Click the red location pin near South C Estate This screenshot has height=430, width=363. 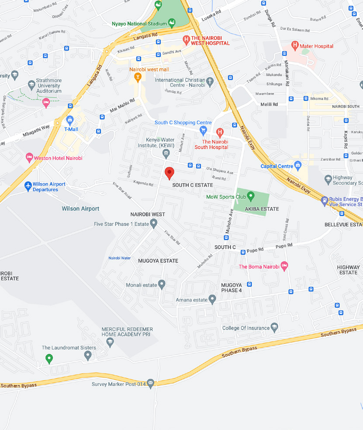coord(169,173)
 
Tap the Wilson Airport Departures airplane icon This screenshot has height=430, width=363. coord(28,186)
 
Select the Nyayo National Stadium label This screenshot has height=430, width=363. coord(139,24)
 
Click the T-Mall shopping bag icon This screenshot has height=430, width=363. coord(70,120)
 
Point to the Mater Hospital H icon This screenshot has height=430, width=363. coord(295,45)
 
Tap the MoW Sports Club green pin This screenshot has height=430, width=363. coord(251,195)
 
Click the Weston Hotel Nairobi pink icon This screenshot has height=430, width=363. coord(30,157)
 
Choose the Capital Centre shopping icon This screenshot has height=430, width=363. coord(298,165)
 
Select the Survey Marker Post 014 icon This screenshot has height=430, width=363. coord(151,383)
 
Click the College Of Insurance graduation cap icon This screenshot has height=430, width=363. coord(274,327)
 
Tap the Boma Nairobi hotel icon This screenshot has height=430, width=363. coord(284,265)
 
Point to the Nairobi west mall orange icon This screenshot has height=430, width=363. coord(138,78)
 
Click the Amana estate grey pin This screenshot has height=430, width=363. coord(212,300)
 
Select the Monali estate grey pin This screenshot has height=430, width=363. coord(162,284)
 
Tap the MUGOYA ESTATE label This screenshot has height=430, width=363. coord(158,261)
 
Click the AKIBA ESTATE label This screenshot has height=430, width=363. coord(262,209)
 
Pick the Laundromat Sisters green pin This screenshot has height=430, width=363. coord(49,359)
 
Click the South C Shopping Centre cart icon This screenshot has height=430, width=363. coord(203,130)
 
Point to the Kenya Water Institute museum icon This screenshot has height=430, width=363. coord(166,153)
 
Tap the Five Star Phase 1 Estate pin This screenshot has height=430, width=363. coord(154,223)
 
